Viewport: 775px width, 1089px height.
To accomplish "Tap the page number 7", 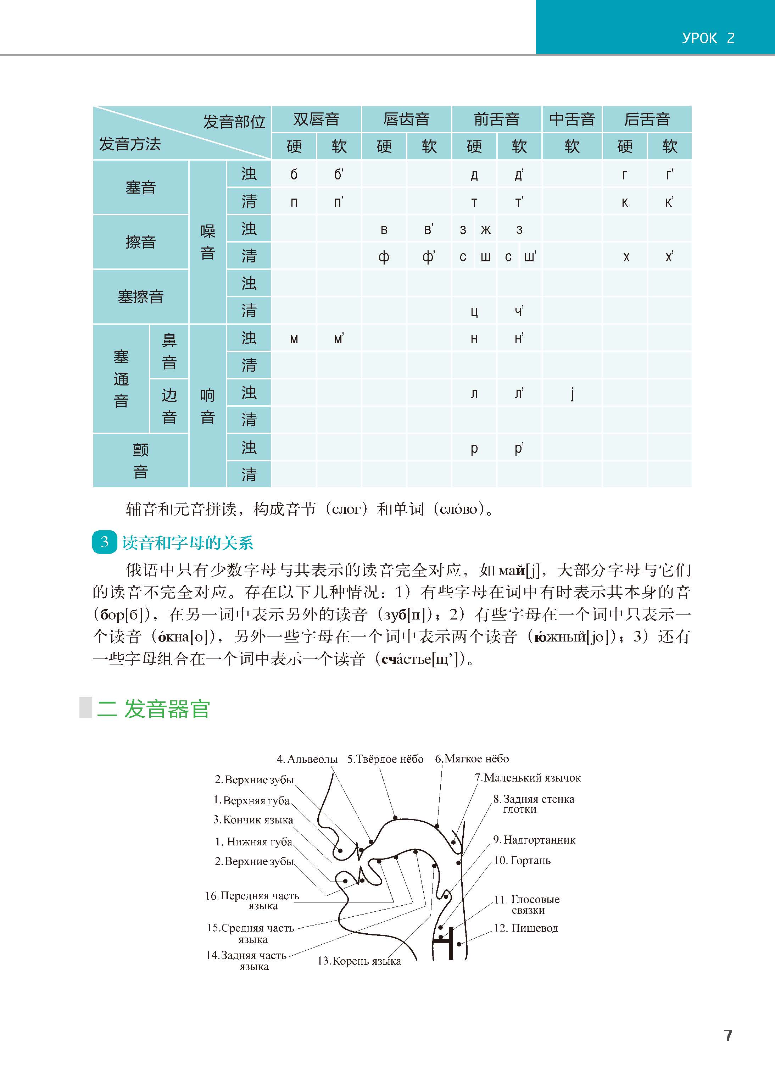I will pos(728,1035).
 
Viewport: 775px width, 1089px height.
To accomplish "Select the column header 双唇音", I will pos(316,119).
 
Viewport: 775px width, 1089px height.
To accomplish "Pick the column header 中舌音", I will pos(572,119).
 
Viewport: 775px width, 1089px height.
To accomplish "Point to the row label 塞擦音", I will pos(140,297).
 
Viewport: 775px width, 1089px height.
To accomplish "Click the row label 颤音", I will pos(140,461).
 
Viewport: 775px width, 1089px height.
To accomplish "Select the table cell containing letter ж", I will pos(485,230).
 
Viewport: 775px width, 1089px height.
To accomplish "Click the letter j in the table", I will pos(572,394).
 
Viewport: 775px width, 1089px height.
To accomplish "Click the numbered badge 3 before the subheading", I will pos(105,542).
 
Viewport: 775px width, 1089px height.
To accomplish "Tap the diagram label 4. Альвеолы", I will pos(307,759).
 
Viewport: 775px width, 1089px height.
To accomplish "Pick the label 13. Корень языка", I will pos(359,961).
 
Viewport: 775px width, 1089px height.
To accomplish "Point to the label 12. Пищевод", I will pos(525,928).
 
